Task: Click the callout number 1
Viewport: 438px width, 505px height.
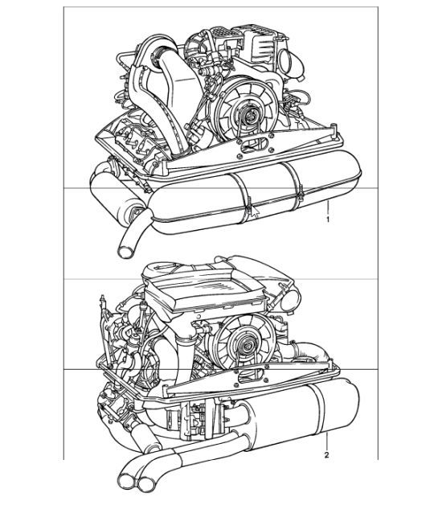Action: pos(328,217)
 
